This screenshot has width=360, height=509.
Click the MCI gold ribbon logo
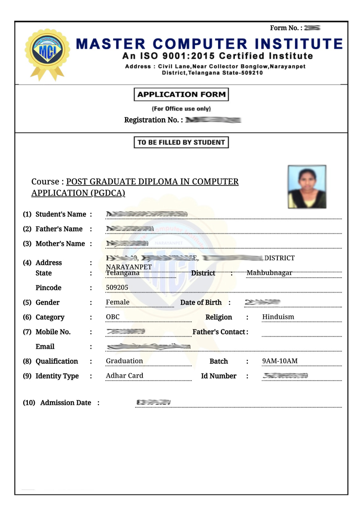47,52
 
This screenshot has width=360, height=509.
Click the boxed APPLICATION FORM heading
181,94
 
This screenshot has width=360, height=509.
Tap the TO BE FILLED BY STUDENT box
181,142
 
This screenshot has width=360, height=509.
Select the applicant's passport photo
307,187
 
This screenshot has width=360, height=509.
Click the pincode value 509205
117,287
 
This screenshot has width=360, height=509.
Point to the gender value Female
117,302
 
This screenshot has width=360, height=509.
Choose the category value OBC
113,317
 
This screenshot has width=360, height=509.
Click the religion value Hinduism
278,317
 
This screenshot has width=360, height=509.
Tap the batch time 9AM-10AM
280,361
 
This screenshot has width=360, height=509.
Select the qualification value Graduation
124,361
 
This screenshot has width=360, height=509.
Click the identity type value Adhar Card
124,376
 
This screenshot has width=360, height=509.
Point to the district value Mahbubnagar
269,273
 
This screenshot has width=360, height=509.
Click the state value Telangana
123,273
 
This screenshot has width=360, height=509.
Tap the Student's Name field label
60,214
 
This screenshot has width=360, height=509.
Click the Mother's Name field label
60,243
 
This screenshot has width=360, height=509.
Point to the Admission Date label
66,403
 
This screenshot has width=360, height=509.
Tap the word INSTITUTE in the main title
299,44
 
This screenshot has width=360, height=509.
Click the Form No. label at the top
284,28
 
